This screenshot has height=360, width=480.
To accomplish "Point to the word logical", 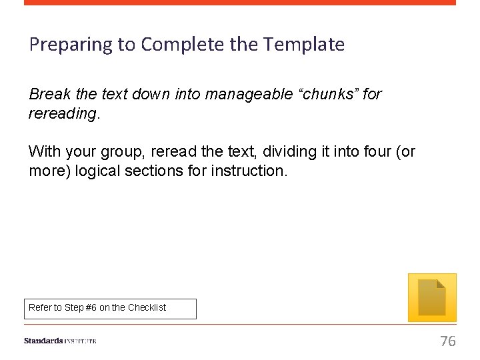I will coord(99,171).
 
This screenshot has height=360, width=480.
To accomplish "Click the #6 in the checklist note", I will coord(91,308).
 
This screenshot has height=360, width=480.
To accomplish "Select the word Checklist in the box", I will coord(147,308).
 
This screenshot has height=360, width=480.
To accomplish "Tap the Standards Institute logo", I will coord(60,341).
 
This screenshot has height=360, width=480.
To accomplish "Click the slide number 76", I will coord(448,341).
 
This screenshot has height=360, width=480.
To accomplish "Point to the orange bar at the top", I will coord(240,3).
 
